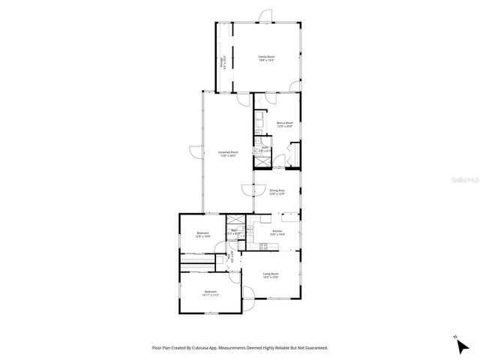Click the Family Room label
pos(266,58)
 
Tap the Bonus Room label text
pos(284,124)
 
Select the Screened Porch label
pos(228,154)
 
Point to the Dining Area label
pos(277,192)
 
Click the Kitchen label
pos(277,233)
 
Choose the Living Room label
pos(271,275)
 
